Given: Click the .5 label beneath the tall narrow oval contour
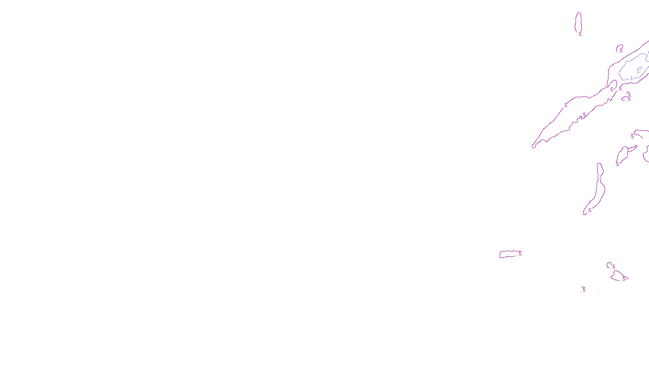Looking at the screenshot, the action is tap(580, 34).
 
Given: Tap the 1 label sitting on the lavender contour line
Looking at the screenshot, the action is tap(632, 78).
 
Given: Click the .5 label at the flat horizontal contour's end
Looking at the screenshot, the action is tap(520, 254).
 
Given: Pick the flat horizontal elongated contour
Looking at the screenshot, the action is tap(509, 254).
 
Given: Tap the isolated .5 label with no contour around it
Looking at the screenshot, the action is tap(584, 290).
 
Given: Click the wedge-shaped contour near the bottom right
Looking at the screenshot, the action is tap(618, 277).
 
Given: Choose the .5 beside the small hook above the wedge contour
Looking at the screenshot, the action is tap(613, 267).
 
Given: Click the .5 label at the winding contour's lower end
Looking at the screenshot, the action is tap(589, 210).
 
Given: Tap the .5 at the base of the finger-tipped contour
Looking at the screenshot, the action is tap(617, 164).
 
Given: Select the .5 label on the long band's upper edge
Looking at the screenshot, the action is tap(565, 105).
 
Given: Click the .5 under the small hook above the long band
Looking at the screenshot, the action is tap(621, 51).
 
